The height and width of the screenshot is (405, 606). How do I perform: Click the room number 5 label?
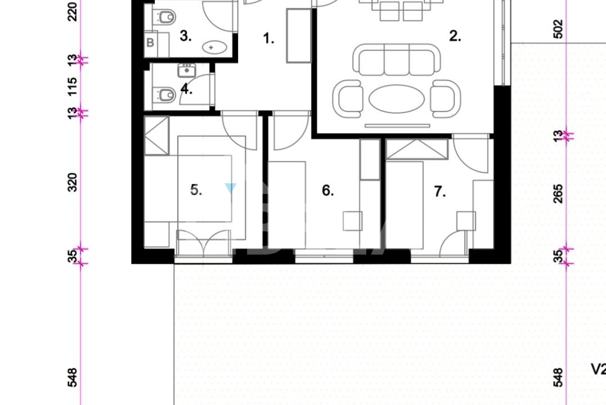(196, 190)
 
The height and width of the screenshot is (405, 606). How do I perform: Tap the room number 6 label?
(327, 191)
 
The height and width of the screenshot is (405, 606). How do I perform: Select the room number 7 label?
(440, 191)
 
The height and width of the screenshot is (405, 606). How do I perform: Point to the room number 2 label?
(455, 36)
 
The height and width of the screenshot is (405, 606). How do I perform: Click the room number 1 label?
(268, 38)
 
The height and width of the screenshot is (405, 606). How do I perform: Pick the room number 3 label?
(186, 36)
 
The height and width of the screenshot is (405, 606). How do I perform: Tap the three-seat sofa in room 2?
(397, 60)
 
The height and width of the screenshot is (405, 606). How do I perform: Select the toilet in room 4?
(164, 94)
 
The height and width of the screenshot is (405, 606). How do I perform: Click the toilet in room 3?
(164, 17)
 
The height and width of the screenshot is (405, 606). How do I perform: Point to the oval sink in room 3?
(214, 48)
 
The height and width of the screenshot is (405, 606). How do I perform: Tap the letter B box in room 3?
(150, 42)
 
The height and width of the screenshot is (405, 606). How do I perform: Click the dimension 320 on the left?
(72, 182)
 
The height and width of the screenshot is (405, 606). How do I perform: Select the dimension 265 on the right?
(558, 193)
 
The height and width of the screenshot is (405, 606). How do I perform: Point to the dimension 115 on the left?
(72, 87)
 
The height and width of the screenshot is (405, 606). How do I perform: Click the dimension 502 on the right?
(558, 29)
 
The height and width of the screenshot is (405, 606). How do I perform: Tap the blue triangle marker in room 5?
(230, 188)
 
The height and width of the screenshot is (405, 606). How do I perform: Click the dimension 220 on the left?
(72, 12)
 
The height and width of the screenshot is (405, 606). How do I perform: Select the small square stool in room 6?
(352, 221)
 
